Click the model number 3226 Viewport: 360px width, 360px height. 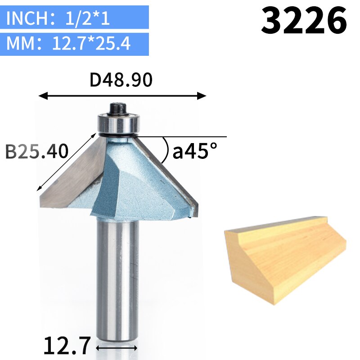tap(304, 21)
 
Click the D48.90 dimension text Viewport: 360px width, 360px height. tap(121, 80)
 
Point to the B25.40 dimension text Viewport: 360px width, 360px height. tap(37, 152)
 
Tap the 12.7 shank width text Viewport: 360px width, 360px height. tap(67, 346)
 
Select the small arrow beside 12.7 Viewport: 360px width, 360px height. tap(117, 347)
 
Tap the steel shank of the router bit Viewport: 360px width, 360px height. tap(117, 279)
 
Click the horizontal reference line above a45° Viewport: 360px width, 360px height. tap(189, 136)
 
